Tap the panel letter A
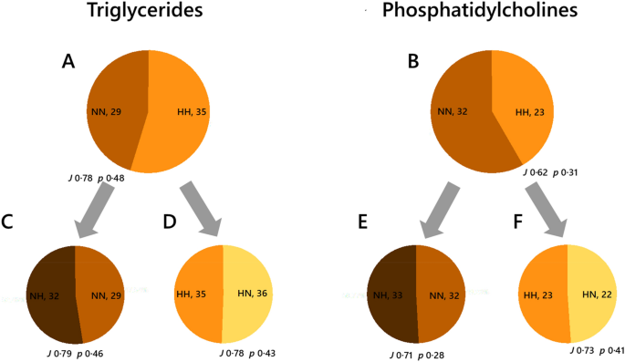click(x=68, y=61)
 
